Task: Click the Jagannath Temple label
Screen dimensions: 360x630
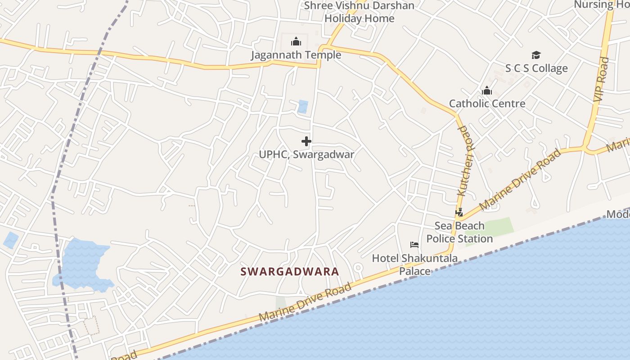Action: tap(296, 55)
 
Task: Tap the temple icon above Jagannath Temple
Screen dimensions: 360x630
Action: tap(296, 42)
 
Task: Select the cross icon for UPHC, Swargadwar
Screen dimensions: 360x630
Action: tap(306, 141)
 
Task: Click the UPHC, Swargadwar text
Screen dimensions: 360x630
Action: tap(306, 154)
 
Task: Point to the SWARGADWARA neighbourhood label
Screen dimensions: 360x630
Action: tap(289, 272)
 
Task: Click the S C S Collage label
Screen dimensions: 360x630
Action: tap(536, 68)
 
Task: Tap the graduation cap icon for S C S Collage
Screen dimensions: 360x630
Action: tap(535, 55)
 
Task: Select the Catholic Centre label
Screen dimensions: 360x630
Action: tap(487, 103)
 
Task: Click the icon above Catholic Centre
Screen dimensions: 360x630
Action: tap(486, 91)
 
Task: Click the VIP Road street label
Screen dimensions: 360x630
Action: tap(601, 79)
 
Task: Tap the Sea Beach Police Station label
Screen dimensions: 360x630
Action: tap(459, 232)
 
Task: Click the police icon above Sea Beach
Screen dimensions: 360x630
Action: tap(459, 212)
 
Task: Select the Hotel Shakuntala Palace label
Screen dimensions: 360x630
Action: tap(414, 265)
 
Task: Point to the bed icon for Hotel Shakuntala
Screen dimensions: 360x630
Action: tap(414, 245)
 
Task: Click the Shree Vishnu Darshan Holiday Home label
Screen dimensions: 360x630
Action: tap(359, 12)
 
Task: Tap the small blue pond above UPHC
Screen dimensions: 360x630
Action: tap(303, 107)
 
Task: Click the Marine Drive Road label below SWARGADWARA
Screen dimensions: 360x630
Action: tap(305, 302)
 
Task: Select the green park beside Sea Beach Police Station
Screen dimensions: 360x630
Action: tap(497, 228)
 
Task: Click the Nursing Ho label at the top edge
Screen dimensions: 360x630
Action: tap(601, 4)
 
